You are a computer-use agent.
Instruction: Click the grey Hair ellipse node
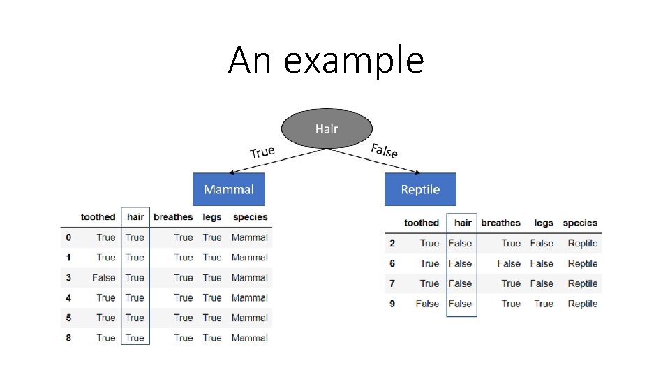point(327,129)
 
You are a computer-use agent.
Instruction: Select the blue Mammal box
point(229,189)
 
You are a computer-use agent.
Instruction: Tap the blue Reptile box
point(420,189)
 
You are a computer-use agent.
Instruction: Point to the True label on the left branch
point(262,152)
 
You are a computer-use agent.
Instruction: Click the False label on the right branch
point(385,150)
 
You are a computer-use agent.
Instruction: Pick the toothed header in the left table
point(98,217)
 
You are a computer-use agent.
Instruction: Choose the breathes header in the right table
point(500,223)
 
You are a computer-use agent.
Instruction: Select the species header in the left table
point(250,217)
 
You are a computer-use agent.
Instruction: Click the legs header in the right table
point(544,223)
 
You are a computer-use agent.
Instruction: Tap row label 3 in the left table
point(68,278)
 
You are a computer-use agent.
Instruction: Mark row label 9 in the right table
point(392,304)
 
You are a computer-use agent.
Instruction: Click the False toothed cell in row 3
point(103,278)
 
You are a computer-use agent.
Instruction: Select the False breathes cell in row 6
point(509,264)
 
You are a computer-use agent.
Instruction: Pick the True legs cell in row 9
point(544,304)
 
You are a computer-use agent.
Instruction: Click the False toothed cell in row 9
point(427,304)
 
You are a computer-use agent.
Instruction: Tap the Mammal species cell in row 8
point(249,338)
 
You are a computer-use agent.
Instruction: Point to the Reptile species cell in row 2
point(583,244)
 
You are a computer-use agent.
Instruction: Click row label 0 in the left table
point(68,237)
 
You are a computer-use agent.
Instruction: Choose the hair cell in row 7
point(460,283)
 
